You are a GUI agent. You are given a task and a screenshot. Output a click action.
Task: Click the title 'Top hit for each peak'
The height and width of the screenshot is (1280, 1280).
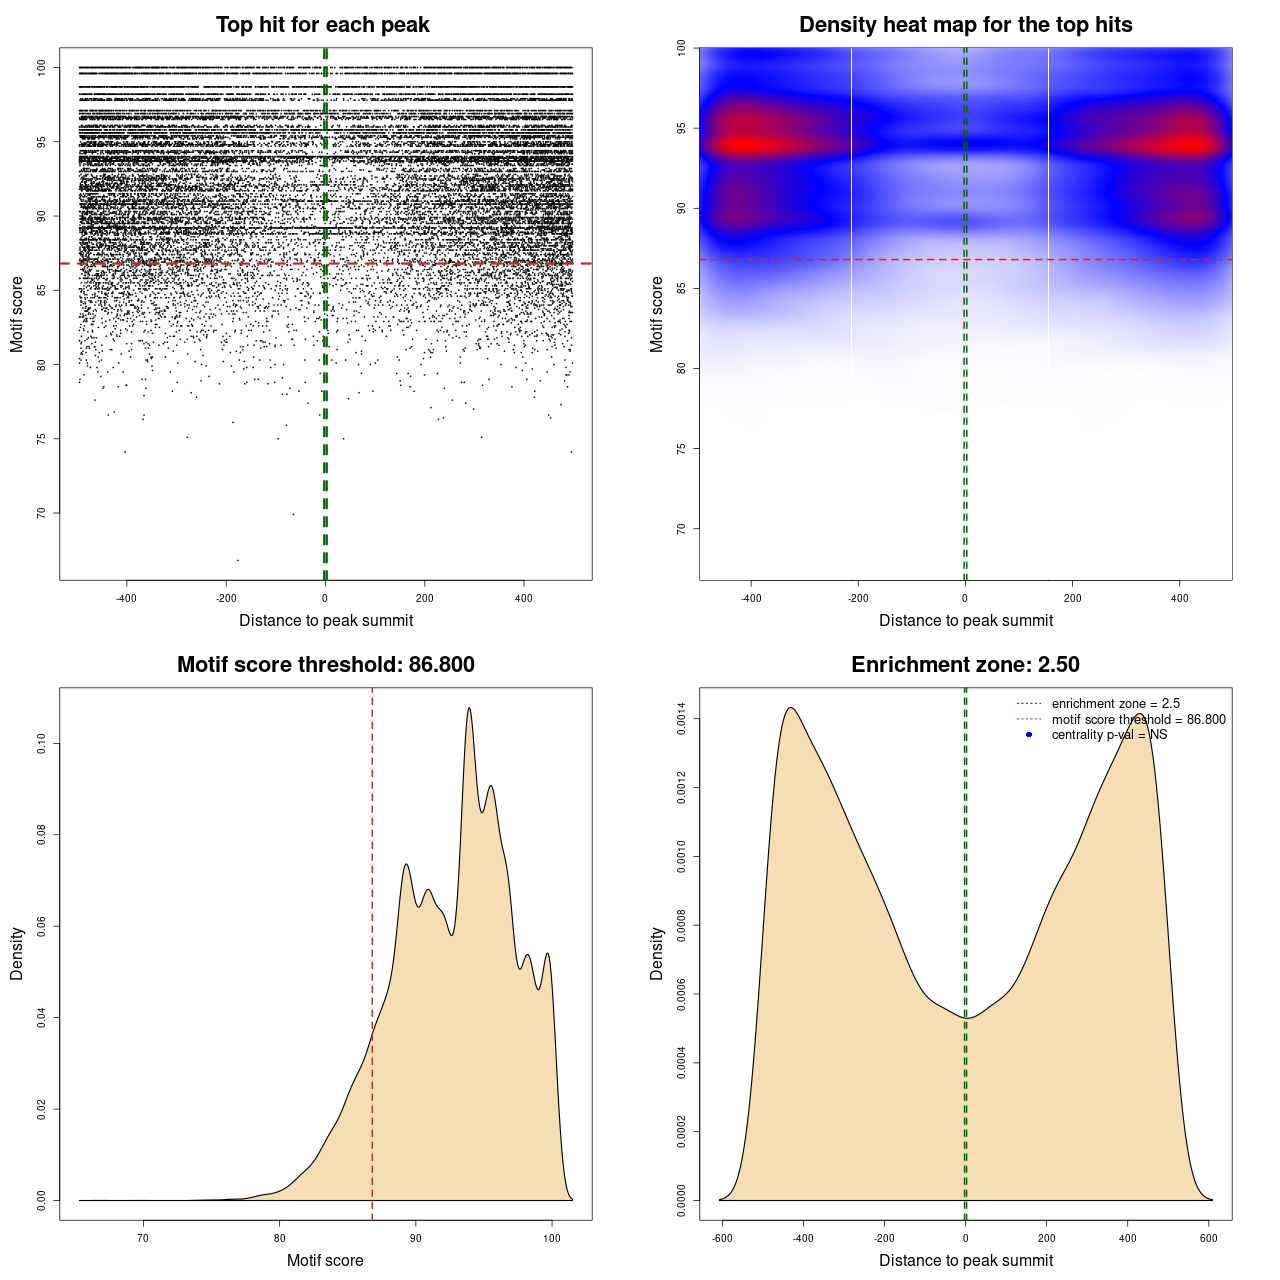(323, 25)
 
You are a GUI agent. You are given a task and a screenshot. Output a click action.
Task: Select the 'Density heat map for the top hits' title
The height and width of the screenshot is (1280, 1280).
(965, 25)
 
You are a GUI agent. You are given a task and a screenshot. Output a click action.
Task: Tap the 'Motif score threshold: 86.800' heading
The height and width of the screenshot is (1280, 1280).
(325, 665)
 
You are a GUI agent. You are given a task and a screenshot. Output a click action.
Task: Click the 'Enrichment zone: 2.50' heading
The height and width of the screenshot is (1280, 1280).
(965, 665)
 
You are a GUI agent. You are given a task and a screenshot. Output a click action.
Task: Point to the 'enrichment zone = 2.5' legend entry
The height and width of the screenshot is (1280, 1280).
(1115, 704)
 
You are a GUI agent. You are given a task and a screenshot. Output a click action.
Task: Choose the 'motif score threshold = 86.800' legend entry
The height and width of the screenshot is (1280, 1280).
(1138, 720)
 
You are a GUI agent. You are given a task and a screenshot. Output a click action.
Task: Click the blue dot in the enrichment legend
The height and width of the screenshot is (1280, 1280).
(1029, 735)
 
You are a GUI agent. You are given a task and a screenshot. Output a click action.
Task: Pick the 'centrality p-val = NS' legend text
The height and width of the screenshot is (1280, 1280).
(1109, 735)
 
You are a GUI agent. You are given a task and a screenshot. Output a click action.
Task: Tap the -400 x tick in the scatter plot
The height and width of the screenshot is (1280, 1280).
(126, 599)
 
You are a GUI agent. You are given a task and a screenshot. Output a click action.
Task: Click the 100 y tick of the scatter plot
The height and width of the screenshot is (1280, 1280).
(42, 67)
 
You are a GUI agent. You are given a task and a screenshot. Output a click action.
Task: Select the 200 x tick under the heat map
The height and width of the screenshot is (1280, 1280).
(1072, 599)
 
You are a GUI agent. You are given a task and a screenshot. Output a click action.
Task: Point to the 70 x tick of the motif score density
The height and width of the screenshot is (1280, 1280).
(143, 1238)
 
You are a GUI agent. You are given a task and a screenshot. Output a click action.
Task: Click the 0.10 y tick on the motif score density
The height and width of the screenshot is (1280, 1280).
(42, 743)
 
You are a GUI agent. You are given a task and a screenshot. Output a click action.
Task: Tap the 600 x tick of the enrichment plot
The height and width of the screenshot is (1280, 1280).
(1209, 1238)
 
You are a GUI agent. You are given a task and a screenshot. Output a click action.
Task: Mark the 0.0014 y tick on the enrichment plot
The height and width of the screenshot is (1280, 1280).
(682, 718)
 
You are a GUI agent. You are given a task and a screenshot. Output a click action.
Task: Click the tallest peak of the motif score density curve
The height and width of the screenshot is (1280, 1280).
(469, 709)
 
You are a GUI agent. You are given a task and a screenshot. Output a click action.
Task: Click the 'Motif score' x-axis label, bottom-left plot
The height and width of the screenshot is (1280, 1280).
(325, 1260)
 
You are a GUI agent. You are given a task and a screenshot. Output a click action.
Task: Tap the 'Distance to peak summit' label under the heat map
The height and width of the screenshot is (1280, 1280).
(965, 621)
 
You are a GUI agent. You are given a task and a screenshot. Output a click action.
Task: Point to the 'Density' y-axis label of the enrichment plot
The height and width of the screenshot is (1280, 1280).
(657, 953)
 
